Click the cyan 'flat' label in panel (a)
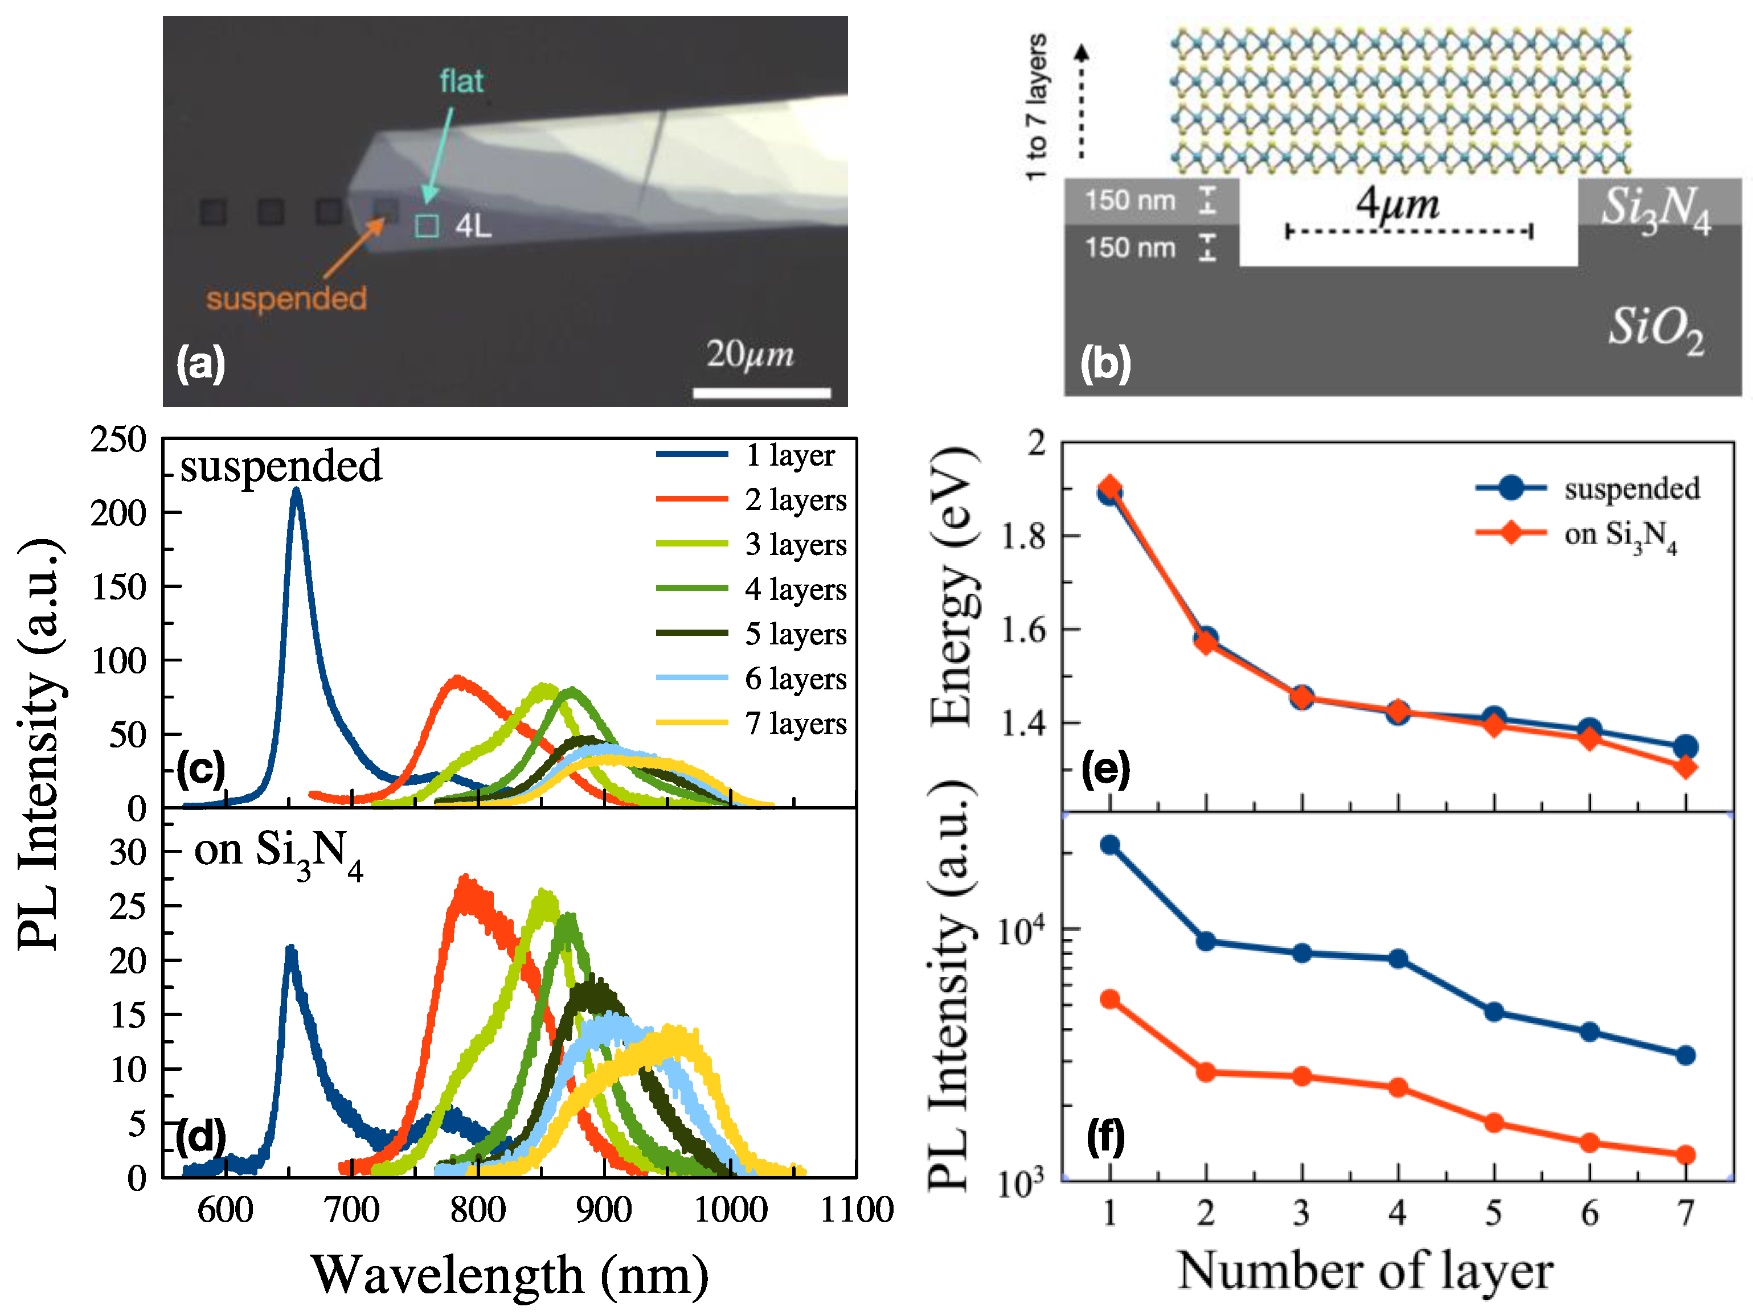point(461,81)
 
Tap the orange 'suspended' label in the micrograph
point(286,299)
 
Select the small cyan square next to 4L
point(427,226)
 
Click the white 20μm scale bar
point(761,393)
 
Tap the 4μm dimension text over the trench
point(1396,204)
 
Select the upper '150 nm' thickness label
point(1129,200)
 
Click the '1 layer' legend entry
point(789,455)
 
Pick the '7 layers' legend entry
point(795,723)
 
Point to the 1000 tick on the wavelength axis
point(730,1210)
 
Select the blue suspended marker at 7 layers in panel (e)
point(1686,746)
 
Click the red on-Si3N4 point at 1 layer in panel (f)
point(1110,1000)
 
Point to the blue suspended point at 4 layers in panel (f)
point(1398,959)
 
